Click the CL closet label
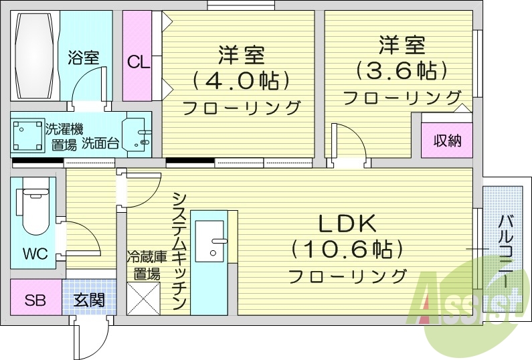click(139, 62)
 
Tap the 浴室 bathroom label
click(83, 58)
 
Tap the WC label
click(34, 254)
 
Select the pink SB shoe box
click(35, 299)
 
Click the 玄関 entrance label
click(89, 299)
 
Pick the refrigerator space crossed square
click(143, 298)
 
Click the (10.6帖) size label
click(347, 250)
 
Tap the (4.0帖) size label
click(240, 80)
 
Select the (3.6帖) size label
click(401, 70)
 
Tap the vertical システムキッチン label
click(179, 252)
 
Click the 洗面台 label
click(101, 143)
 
